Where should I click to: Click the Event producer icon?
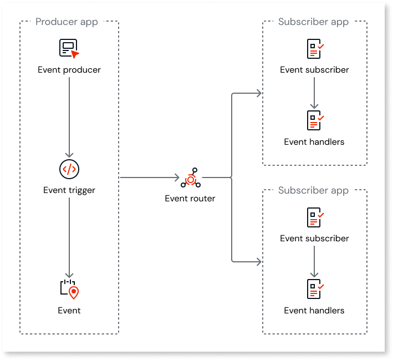coord(69,48)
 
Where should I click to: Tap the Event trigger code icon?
coord(69,169)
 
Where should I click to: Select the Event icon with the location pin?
coord(69,289)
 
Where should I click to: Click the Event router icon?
coord(190,178)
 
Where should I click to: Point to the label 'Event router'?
coord(190,199)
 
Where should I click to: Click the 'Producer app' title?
coord(67,22)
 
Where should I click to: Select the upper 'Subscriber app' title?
coord(313,22)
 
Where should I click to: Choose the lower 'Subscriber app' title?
coord(313,191)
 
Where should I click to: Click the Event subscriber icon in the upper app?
coord(314,49)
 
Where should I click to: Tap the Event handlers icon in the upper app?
coord(314,120)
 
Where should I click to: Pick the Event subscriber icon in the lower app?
coord(314,217)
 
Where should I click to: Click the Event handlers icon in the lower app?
coord(314,289)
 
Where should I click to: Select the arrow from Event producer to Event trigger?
coord(69,116)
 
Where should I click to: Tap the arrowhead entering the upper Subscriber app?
coord(258,93)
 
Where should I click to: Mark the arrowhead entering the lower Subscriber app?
coord(258,261)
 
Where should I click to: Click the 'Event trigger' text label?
coord(69,190)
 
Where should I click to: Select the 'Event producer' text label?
coord(69,70)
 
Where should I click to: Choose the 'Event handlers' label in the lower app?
coord(314,311)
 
